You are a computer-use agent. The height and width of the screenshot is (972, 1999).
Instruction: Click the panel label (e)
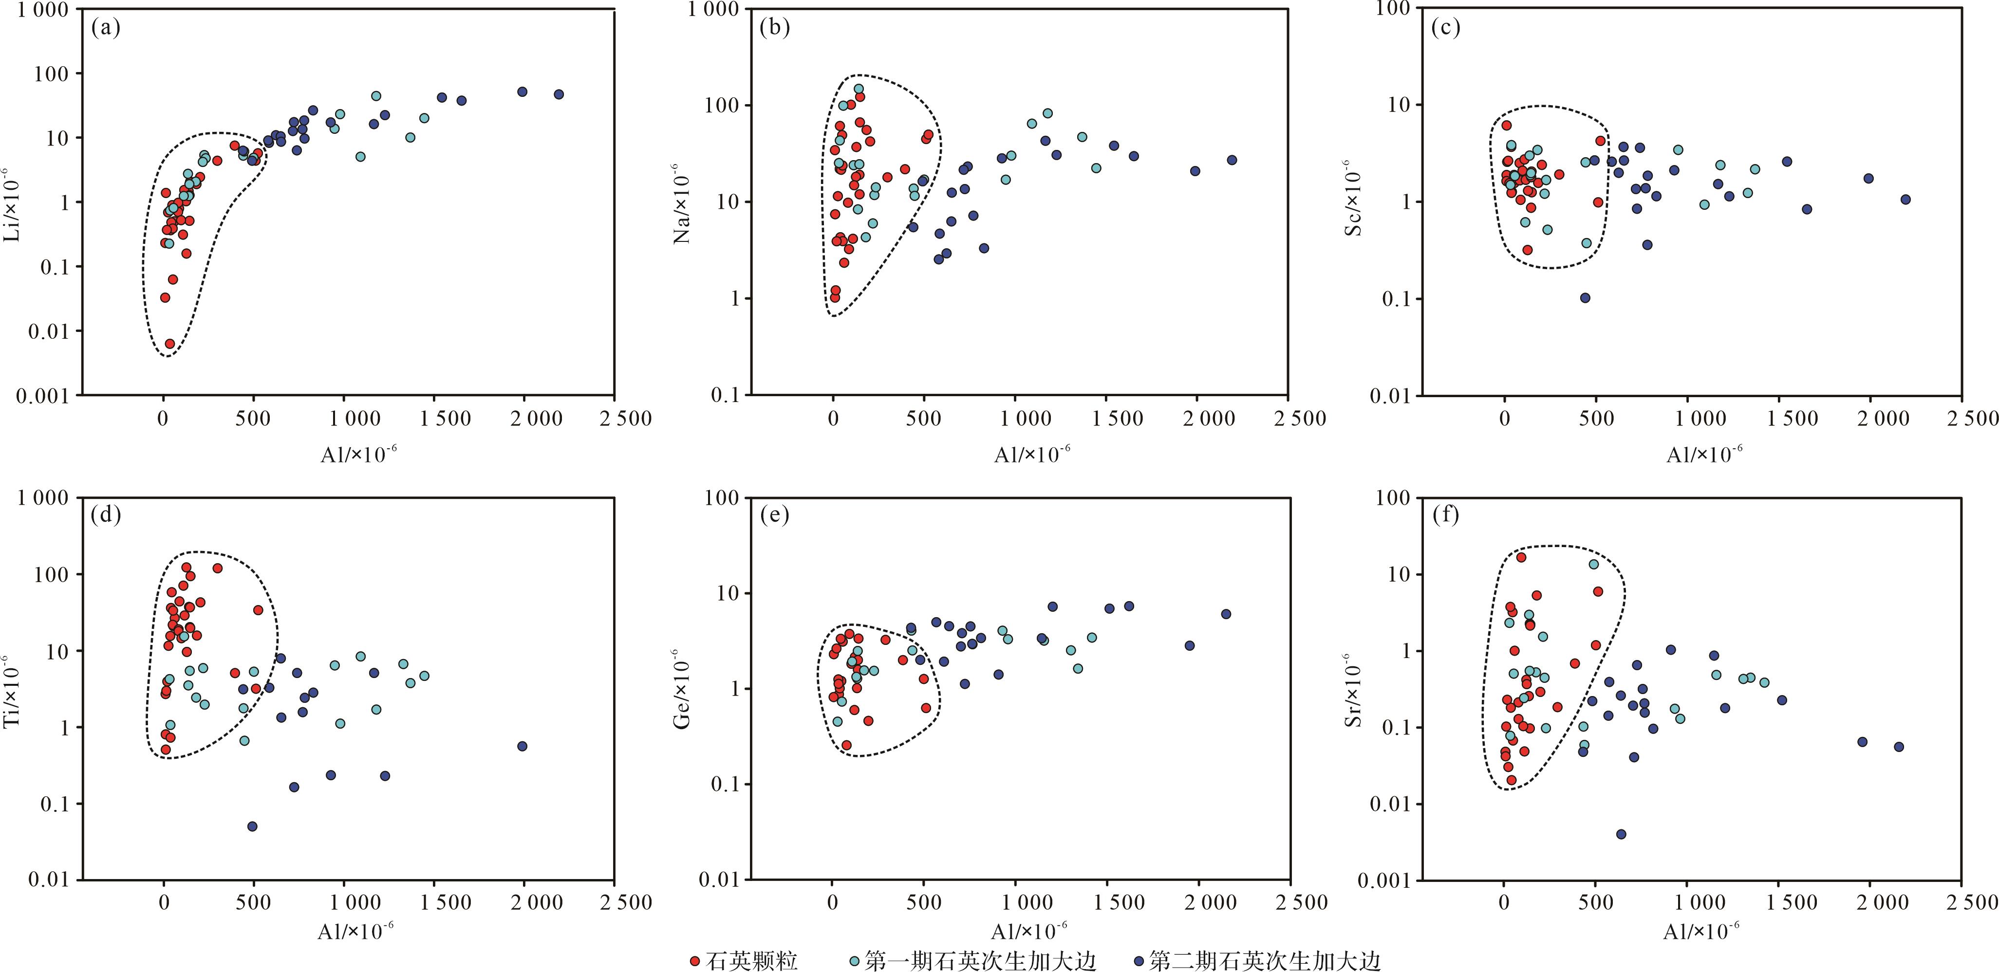(x=774, y=514)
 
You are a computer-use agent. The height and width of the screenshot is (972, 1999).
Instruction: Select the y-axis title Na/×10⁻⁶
(x=683, y=204)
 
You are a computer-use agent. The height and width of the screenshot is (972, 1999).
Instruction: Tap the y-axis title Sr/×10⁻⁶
(x=1354, y=690)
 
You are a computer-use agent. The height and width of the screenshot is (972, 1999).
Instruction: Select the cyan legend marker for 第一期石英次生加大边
(x=855, y=962)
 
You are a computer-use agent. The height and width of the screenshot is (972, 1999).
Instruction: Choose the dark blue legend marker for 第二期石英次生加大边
(x=1139, y=962)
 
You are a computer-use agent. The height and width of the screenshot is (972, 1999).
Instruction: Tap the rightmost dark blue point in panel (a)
(x=559, y=94)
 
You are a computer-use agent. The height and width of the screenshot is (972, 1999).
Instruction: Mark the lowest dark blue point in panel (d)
(x=252, y=826)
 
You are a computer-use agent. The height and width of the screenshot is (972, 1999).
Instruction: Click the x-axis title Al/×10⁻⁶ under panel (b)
(x=1032, y=455)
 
